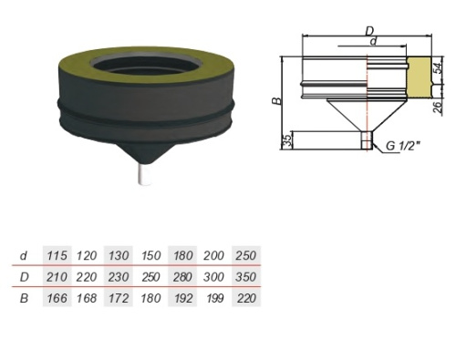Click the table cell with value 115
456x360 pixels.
click(x=57, y=255)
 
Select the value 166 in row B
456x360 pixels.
click(x=57, y=298)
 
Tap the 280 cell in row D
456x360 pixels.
click(x=183, y=277)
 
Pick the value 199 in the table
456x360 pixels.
click(x=215, y=298)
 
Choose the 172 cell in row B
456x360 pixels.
click(x=119, y=298)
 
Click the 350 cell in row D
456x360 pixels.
click(x=246, y=277)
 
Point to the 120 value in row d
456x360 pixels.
click(x=87, y=255)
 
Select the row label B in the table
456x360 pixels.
click(x=24, y=298)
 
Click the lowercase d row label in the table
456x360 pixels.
click(x=24, y=256)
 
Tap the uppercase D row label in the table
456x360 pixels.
click(x=24, y=277)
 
